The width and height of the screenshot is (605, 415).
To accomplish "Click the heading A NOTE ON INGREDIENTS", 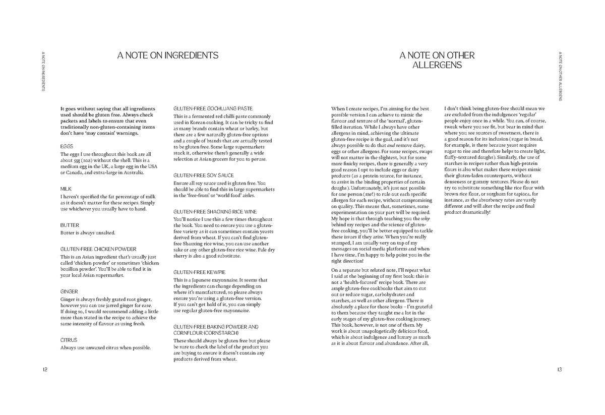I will (x=168, y=55).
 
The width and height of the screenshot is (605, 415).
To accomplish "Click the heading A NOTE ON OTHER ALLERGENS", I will (x=437, y=60).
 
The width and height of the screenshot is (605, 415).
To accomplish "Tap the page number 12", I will (x=45, y=370).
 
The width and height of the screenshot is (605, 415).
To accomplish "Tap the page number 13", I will (x=560, y=370).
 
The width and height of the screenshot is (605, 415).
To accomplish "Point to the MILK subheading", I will (x=66, y=189).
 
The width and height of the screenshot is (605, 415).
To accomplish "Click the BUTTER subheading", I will (x=70, y=225).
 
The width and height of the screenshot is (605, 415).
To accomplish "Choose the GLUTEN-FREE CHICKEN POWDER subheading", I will (x=98, y=249).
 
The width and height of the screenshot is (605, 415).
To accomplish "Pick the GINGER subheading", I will (x=69, y=291).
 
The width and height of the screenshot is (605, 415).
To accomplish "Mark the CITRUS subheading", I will (x=69, y=340).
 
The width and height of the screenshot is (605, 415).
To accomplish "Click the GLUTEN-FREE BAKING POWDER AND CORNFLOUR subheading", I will (x=216, y=330).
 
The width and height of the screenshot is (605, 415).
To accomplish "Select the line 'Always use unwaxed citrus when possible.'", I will (x=105, y=347).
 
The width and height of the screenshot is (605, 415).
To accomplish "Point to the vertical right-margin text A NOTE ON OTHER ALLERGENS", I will (x=560, y=76).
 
